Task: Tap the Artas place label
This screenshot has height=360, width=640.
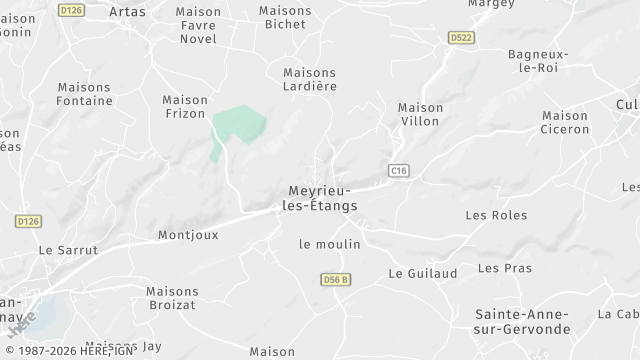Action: (127, 11)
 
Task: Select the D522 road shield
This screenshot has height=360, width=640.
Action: (459, 37)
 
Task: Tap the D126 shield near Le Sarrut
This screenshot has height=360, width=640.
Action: (26, 220)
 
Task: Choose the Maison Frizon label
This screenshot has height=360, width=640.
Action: (185, 107)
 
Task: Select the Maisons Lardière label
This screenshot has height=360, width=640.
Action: (309, 80)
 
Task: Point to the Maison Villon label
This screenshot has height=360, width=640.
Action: (420, 115)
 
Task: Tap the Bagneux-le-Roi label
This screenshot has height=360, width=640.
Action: (538, 61)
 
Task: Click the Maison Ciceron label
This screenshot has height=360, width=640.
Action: (565, 122)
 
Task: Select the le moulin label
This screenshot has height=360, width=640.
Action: (329, 244)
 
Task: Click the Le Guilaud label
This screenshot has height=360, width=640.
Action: (422, 273)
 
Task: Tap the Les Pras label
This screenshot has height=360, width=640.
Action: (505, 268)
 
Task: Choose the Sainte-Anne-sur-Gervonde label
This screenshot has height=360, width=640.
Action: (522, 321)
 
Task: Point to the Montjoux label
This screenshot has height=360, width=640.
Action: (188, 236)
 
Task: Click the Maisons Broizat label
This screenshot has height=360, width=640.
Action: (172, 299)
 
